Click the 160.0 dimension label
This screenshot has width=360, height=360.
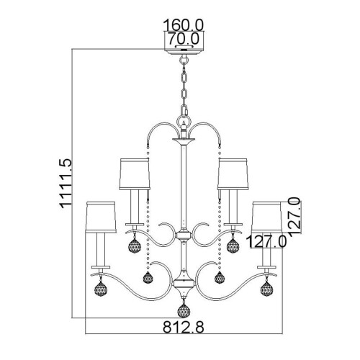coord(180,22)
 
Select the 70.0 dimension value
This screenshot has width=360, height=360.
coord(180,37)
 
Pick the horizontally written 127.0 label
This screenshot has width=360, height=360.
coord(266,242)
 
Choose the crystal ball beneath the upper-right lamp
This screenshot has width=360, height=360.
coord(232,247)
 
